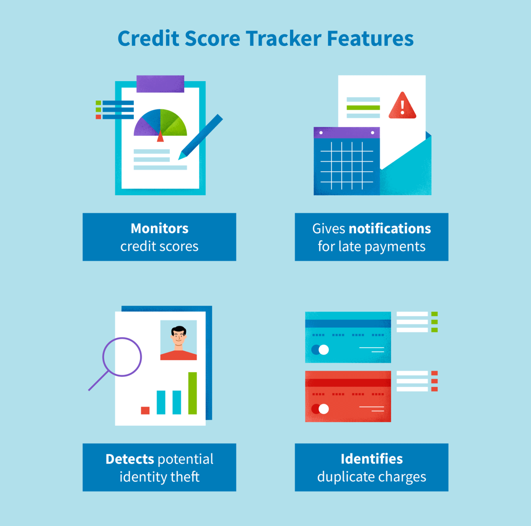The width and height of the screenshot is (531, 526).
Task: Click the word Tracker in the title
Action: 283,39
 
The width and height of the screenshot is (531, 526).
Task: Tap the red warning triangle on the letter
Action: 402,107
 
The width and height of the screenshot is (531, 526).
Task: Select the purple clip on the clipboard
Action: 160,84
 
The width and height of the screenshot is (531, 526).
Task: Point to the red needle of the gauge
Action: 160,136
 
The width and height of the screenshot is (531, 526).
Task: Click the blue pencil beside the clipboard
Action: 201,137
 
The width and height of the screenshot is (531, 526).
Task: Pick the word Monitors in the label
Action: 159,228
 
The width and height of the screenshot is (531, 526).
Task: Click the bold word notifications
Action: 390,229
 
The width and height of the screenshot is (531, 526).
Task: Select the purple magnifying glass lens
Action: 122,357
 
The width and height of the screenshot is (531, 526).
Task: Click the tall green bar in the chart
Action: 192,393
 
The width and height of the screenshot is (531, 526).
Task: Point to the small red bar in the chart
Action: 145,410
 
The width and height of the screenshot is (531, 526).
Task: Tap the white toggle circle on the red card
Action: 324,409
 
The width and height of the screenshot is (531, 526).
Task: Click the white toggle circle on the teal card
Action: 324,350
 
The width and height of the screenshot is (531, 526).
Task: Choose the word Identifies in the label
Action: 371,459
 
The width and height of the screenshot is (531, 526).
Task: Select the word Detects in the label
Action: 130,459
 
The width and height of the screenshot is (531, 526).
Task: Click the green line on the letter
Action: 363,108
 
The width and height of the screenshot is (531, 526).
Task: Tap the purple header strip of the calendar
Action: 347,133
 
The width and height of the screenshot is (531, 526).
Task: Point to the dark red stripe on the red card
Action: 348,383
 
